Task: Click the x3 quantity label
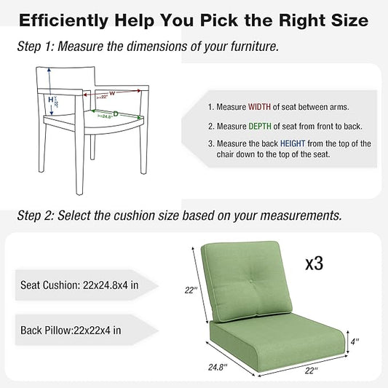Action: click(314, 264)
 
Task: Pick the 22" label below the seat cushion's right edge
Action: click(311, 371)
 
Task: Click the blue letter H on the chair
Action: click(51, 99)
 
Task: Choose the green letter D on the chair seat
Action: click(114, 114)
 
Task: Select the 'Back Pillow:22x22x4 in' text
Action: click(68, 330)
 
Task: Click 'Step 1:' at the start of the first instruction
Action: click(35, 47)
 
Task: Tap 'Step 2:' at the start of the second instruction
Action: click(35, 215)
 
